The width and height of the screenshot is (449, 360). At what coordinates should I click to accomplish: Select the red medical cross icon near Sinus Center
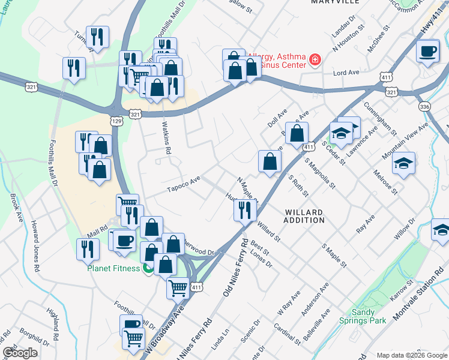[x=314, y=59]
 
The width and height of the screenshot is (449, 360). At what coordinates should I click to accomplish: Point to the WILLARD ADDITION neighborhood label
[x=304, y=217]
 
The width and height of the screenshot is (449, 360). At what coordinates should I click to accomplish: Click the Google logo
[x=20, y=352]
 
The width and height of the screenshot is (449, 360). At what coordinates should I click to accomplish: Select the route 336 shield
[x=424, y=106]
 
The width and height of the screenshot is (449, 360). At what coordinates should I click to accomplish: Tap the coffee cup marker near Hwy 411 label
[x=427, y=52]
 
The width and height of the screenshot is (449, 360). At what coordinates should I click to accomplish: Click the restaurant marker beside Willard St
[x=245, y=209]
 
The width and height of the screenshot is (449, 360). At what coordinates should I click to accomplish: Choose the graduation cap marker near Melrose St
[x=405, y=163]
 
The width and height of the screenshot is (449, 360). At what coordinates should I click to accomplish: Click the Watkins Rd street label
[x=166, y=137]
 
